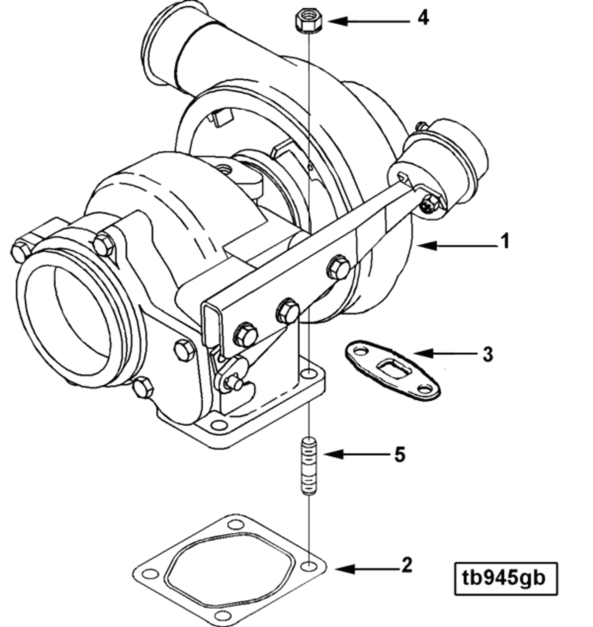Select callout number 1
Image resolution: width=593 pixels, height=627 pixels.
click(505, 242)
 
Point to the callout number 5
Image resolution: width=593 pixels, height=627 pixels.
click(400, 455)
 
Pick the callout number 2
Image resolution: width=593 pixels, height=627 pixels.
click(407, 565)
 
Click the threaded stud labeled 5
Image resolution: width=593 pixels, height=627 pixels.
click(309, 465)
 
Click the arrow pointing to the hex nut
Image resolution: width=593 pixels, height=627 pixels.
click(367, 21)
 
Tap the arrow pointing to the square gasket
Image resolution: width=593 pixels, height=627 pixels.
click(367, 568)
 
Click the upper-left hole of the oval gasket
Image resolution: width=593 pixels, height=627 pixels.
click(360, 351)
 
